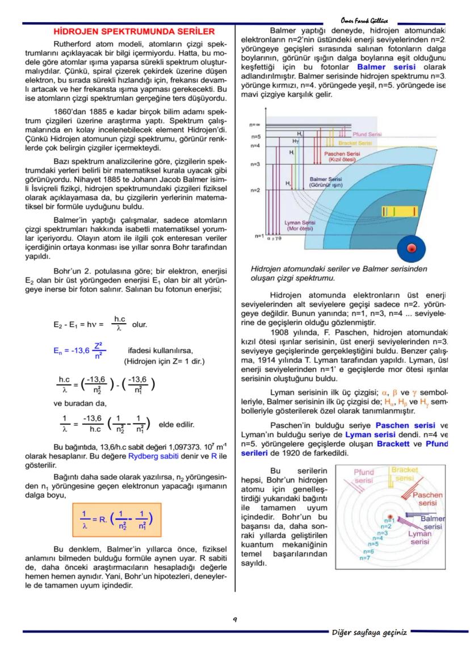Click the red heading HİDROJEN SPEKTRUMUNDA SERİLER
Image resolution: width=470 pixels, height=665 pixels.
coord(133,32)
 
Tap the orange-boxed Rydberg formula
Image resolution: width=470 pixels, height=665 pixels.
coord(116,520)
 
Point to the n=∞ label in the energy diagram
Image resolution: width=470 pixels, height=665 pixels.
coord(255,124)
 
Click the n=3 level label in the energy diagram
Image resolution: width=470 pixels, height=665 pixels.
coord(255,164)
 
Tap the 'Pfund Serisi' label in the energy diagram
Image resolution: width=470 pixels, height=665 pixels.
coord(367,135)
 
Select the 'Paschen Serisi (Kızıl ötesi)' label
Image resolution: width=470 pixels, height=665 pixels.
coord(341,157)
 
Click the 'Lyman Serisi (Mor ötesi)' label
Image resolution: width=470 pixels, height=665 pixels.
coord(300,225)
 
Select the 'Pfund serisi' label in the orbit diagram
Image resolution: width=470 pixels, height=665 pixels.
coord(363,476)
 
